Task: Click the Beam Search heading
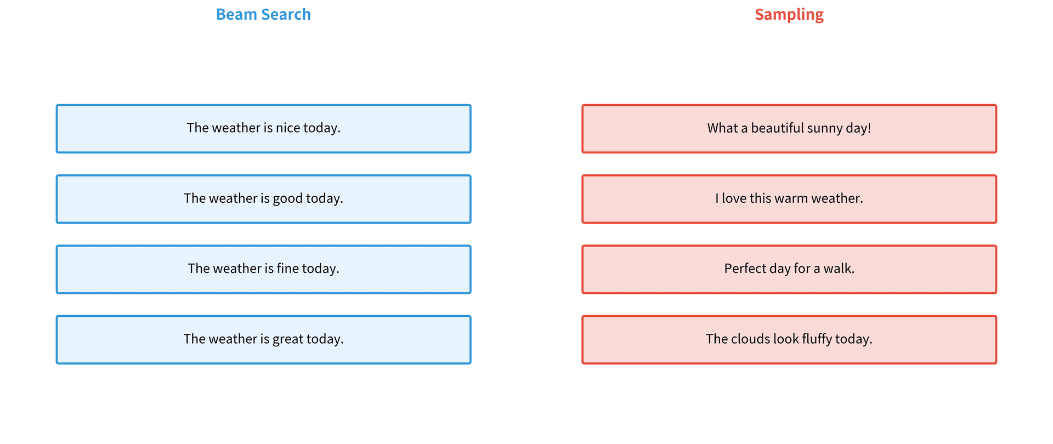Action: click(x=263, y=14)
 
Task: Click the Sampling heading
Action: click(x=789, y=15)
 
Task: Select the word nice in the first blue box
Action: click(x=288, y=128)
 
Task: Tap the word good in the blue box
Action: click(x=287, y=198)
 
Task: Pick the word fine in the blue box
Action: click(x=288, y=269)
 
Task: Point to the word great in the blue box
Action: click(x=288, y=339)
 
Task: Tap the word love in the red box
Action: click(x=734, y=198)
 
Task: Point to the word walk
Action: click(x=837, y=269)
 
